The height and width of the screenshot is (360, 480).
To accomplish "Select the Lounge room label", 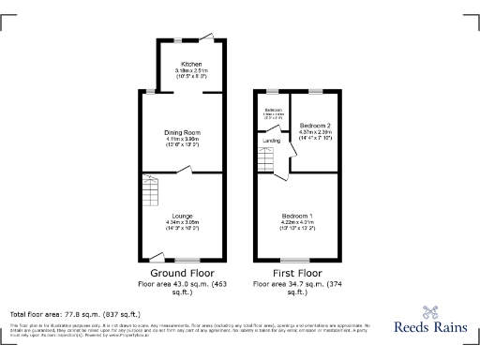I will (183, 216).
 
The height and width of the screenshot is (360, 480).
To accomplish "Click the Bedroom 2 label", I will (316, 125).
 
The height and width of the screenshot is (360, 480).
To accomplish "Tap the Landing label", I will (272, 141).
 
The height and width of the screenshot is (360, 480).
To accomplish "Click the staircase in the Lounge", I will (151, 195).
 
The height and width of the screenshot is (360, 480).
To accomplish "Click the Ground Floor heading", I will (181, 274).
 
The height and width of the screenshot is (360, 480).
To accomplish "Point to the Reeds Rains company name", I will (418, 330).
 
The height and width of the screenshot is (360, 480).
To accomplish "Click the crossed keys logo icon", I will (431, 313).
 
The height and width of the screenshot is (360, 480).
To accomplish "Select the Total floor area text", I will (75, 314).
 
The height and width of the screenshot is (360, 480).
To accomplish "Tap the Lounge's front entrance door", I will (157, 256).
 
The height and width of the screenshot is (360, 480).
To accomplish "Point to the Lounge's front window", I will (187, 260).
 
